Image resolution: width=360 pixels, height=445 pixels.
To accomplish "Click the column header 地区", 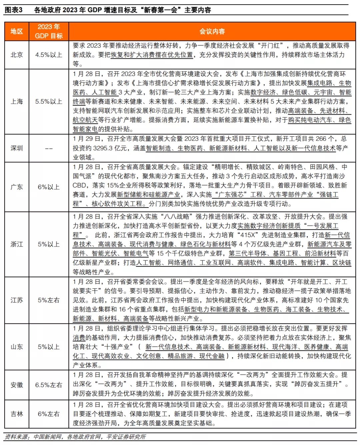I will (17, 32).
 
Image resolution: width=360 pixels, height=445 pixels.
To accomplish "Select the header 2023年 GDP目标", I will (49, 31).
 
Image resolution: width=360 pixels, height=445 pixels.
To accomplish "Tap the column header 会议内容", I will (212, 32).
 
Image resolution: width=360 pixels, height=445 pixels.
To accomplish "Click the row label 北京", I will (17, 55).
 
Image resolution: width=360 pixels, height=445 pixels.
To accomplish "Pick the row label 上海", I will (17, 102).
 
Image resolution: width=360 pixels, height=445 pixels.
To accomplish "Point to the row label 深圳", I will (17, 148).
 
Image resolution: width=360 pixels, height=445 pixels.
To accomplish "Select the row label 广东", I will (17, 187).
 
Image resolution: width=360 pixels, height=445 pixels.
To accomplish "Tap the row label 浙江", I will (17, 244).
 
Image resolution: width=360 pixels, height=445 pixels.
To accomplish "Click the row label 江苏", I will (17, 300).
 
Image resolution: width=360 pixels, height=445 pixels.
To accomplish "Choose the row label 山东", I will (17, 347).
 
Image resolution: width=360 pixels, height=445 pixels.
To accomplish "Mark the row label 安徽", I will (17, 385).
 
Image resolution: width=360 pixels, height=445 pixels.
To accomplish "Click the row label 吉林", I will (17, 414).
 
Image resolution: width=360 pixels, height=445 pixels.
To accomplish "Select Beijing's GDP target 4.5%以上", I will (49, 55).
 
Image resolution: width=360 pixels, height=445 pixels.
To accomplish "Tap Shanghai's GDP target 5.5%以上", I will (49, 102).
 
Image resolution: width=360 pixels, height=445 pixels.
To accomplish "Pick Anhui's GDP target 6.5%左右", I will (49, 385).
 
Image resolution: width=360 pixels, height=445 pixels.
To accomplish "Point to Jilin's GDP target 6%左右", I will (49, 414).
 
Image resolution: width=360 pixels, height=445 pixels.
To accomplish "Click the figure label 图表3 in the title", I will (14, 10).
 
